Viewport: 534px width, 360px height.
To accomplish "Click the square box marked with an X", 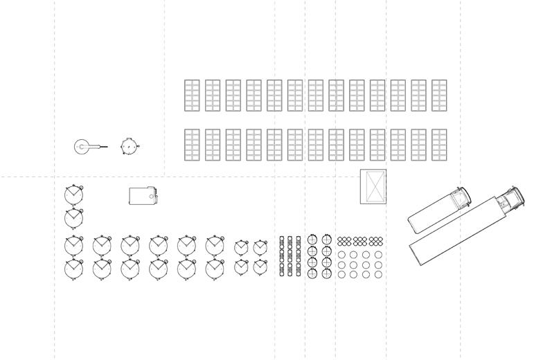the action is point(373,186).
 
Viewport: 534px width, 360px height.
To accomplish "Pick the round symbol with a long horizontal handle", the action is point(83,147).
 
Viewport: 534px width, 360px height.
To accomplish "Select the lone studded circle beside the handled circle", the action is point(130,147).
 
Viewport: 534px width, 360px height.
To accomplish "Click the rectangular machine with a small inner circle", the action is point(143,197).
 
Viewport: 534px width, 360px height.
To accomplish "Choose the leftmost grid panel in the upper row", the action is point(192,96).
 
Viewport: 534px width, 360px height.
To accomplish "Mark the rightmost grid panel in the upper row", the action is point(439,96).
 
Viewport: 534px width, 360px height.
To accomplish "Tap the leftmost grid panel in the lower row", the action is point(192,145).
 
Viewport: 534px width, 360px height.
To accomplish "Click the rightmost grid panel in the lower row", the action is point(439,145).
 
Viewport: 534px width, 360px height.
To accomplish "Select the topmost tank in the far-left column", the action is point(73,195).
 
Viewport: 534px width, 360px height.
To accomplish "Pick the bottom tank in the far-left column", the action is point(73,268).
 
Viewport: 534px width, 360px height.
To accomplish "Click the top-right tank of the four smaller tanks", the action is point(260,247).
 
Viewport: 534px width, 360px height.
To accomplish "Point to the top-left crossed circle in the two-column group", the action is point(312,240).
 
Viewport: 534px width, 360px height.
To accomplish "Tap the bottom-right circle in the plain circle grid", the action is point(378,274).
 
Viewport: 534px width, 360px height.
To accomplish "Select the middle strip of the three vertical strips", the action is point(290,256).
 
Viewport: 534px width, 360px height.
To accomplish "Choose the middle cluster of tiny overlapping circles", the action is point(359,241).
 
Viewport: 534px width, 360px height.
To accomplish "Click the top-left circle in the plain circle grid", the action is point(341,255).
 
